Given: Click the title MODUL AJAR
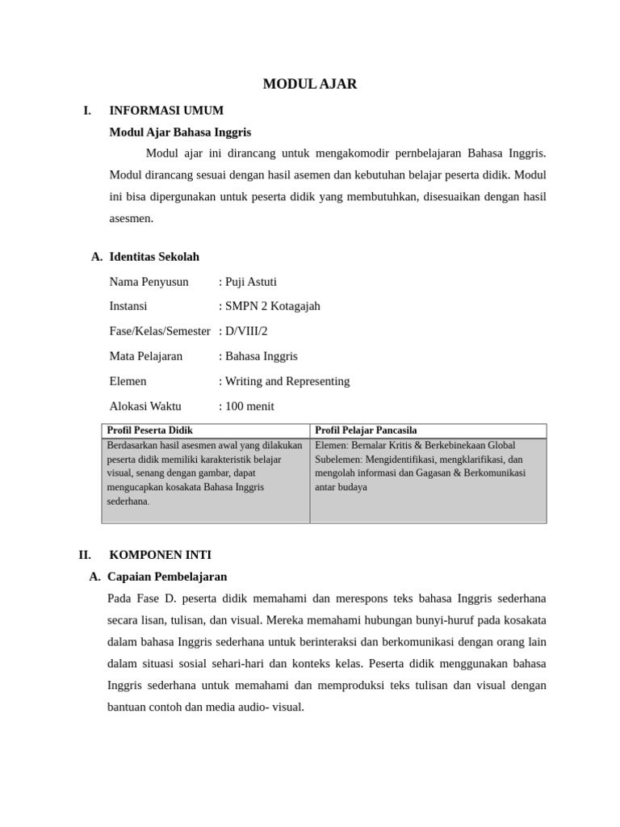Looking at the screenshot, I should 310,84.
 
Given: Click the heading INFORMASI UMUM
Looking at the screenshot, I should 166,111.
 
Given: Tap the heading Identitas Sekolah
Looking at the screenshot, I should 153,257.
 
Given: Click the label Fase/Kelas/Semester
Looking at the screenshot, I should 159,331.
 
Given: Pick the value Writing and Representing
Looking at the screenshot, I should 287,381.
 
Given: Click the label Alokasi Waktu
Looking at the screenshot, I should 145,406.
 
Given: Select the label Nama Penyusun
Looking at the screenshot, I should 149,282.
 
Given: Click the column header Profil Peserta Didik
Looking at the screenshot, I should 150,430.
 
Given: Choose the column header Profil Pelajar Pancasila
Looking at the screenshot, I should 366,430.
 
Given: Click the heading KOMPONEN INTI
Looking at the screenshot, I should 160,555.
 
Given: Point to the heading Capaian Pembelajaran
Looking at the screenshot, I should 167,577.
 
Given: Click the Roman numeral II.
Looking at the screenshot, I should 85,555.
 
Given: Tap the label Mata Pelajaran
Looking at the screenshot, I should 145,356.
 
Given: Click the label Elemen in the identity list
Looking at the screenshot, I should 128,381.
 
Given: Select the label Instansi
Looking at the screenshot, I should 128,306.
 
